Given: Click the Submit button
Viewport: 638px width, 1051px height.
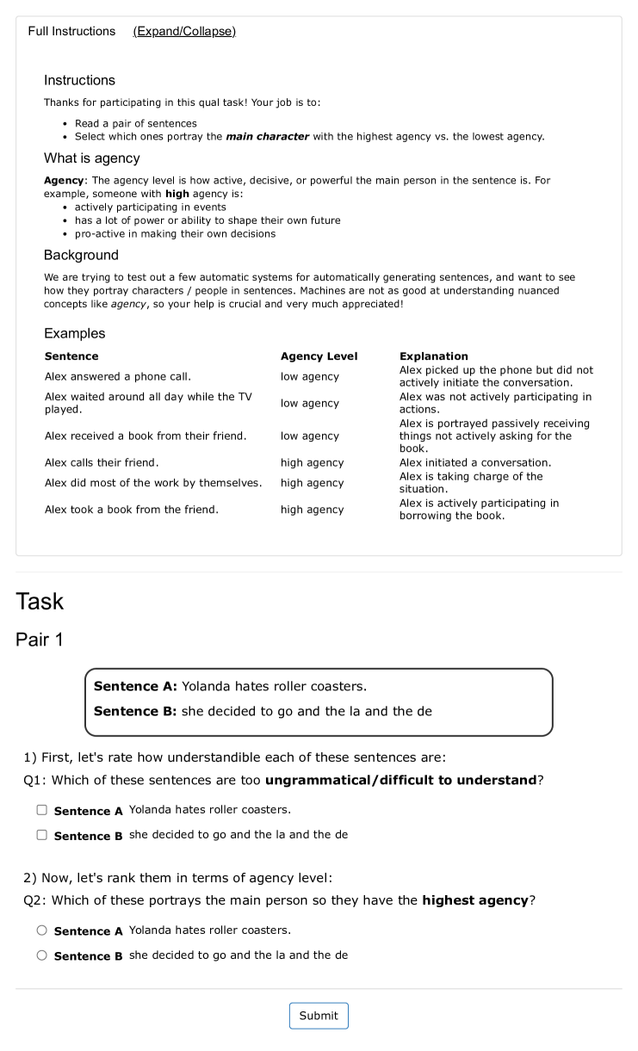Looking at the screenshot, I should coord(319,1016).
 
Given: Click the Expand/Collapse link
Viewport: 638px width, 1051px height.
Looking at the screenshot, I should coord(184,31).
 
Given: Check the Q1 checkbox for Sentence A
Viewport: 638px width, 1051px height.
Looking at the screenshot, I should coord(41,810).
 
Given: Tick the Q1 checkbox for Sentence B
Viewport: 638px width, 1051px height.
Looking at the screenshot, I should coord(41,835).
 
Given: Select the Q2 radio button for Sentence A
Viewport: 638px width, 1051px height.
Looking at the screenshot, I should coord(41,930).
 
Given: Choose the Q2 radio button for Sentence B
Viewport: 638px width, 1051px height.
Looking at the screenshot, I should coord(41,955).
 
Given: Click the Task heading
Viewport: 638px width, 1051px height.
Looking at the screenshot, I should coord(40,601).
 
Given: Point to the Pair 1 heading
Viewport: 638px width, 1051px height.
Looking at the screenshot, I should coord(39,640).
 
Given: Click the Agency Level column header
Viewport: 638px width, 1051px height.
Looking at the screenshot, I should coord(319,356).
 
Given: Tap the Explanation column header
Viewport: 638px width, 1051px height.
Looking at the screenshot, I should coord(434,356).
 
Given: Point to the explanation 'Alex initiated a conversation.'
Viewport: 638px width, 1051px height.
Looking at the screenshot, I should coord(475,463).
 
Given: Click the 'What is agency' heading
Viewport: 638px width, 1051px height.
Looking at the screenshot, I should coord(92,158).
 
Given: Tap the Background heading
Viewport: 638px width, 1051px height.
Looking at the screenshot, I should coord(81,255).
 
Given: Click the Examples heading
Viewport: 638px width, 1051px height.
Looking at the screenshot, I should coord(75,333).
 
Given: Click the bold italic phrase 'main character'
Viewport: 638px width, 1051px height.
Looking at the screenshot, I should coord(267,137).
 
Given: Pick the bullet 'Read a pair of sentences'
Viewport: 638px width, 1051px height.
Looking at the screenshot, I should coord(135,124).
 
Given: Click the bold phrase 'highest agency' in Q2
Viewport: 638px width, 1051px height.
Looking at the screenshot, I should coord(474,900).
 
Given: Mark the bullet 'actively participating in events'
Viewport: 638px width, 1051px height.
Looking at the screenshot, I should coord(151,207).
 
